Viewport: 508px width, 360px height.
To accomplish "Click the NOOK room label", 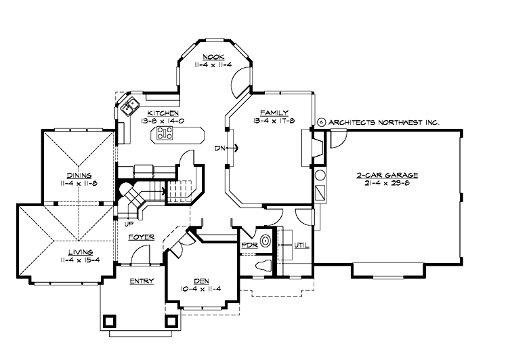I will click(214, 57).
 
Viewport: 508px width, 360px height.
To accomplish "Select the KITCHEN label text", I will click(163, 112).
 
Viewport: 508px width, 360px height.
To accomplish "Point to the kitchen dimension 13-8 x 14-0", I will click(163, 120).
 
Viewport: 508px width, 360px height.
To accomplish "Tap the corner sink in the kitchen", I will click(128, 106).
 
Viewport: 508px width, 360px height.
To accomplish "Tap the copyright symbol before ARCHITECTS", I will click(321, 123).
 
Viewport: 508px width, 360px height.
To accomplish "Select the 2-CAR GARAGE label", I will click(387, 174).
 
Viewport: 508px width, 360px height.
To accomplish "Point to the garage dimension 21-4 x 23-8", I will click(387, 182).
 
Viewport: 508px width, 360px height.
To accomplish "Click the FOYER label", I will click(140, 237).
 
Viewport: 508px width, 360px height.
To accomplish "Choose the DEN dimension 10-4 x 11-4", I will click(202, 289).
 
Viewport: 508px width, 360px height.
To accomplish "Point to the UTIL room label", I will click(301, 245).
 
